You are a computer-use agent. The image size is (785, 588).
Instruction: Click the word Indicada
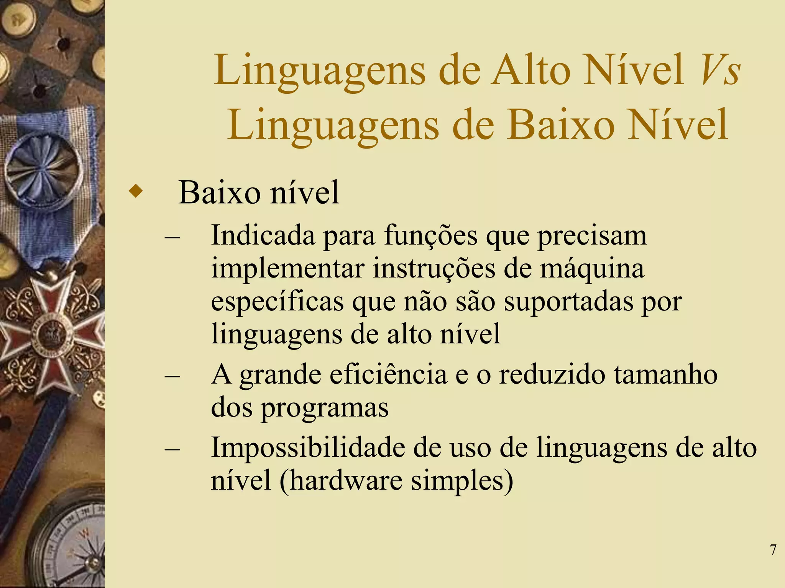pos(263,235)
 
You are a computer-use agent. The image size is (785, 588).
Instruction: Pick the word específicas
pos(277,302)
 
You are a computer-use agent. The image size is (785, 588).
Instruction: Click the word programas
pos(325,408)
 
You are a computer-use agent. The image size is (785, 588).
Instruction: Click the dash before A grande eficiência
pos(172,376)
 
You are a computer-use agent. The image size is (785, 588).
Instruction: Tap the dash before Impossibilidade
pos(172,448)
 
